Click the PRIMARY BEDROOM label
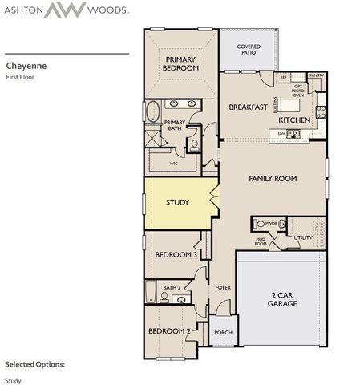point(182,64)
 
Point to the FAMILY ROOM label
point(273,178)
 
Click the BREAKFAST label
point(247,107)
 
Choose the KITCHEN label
point(293,120)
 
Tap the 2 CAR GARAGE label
point(281,299)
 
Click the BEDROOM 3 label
point(176,254)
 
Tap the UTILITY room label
point(303,237)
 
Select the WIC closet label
point(173,163)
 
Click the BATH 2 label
point(171,287)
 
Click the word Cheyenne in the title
point(24,66)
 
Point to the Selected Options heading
point(34,363)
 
